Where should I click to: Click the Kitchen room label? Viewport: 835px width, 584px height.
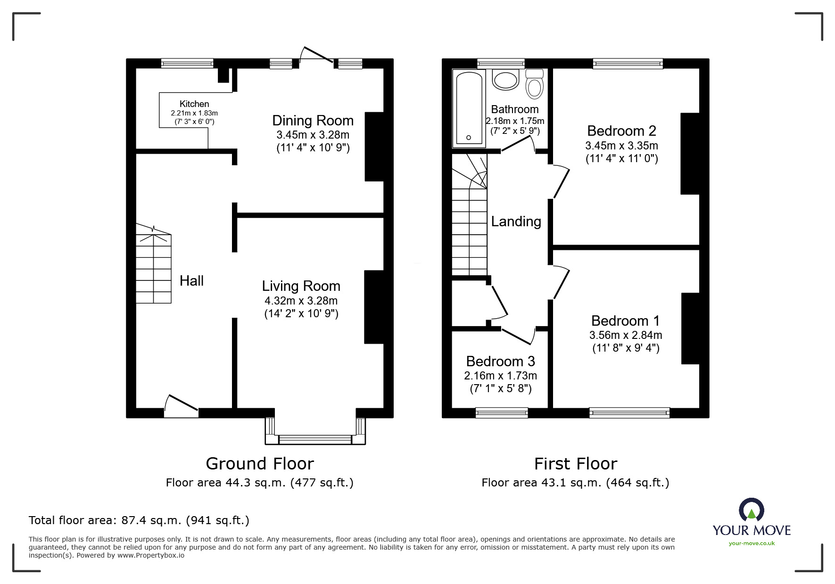tap(194, 104)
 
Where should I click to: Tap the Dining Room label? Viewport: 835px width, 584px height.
tap(313, 121)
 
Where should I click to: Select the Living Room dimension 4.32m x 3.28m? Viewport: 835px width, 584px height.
tap(301, 301)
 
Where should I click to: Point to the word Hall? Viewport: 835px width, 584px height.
tap(191, 281)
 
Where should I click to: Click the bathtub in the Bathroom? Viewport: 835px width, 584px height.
tap(469, 108)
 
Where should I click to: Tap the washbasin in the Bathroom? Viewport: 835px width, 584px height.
tap(505, 79)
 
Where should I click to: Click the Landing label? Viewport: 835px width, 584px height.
tap(516, 222)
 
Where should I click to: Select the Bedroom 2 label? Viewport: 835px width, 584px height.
tap(621, 131)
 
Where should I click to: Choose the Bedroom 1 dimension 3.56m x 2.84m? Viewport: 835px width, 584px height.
tap(626, 335)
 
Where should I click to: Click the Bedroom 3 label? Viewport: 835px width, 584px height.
tap(500, 362)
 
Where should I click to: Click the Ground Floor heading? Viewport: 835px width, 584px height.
tap(260, 464)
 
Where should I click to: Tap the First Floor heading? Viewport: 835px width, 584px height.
tap(576, 464)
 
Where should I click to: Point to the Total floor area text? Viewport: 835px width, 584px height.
tap(139, 520)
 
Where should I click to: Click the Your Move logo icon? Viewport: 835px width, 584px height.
tap(751, 510)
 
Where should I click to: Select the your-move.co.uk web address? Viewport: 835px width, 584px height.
tap(752, 543)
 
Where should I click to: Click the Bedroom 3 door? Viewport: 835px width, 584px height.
tap(518, 335)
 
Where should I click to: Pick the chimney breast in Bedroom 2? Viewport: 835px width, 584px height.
tap(690, 154)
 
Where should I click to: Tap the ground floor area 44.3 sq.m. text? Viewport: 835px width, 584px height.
tap(260, 483)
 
